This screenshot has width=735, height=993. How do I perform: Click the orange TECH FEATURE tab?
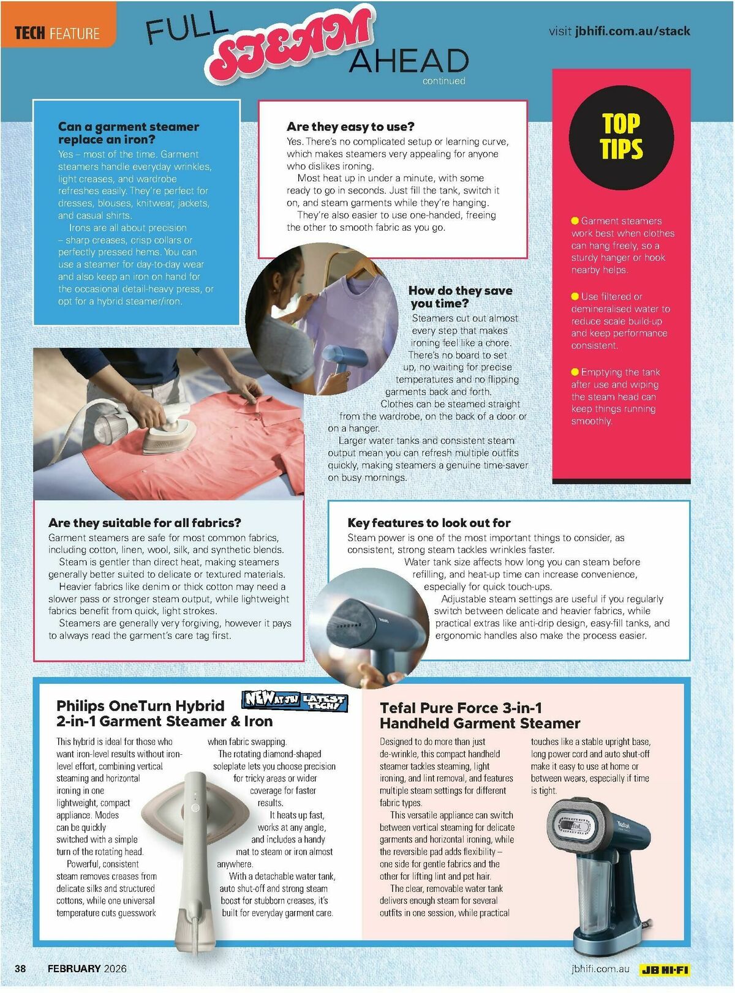tap(57, 32)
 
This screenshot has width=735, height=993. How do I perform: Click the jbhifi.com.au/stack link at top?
tap(632, 31)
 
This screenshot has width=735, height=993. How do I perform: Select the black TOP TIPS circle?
tap(621, 137)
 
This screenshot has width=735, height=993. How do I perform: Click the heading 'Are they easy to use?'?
tap(350, 127)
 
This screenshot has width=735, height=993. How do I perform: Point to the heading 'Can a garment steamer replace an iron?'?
tap(128, 133)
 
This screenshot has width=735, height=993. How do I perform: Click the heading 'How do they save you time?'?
tap(460, 297)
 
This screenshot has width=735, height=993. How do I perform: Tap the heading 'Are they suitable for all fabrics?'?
tap(145, 523)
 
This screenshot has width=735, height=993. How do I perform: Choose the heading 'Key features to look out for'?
tap(429, 523)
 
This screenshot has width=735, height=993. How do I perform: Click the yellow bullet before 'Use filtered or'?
tap(575, 296)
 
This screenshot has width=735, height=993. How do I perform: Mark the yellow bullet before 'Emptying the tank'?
tap(575, 372)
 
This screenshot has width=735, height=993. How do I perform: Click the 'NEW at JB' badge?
tap(271, 699)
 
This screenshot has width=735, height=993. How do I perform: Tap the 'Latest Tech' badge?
tap(325, 702)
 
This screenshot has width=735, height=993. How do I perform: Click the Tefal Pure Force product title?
tap(480, 716)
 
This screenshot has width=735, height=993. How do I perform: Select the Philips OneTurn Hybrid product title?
tap(164, 713)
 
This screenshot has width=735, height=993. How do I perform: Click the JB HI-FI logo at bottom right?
tap(665, 970)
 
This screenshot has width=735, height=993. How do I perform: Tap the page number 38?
tap(21, 969)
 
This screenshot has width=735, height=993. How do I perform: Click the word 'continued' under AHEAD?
tap(443, 81)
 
